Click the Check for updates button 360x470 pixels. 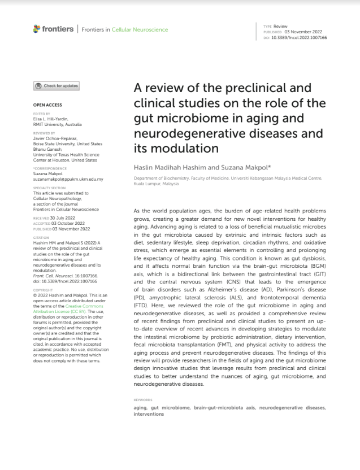pos(57,86)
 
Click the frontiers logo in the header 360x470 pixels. pos(54,29)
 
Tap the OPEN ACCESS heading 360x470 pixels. pos(47,105)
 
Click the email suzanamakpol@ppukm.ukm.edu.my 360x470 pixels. pos(68,179)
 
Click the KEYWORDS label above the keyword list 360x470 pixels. pos(143,399)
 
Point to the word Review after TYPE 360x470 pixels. pos(280,26)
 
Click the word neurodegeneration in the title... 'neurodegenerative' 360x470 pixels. pos(181,134)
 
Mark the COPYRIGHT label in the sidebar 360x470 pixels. pos(43,290)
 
